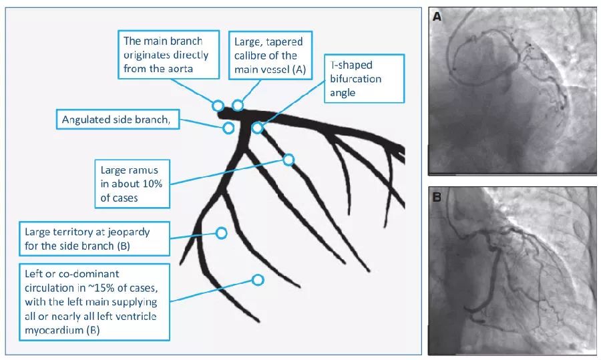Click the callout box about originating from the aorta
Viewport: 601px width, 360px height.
point(169,54)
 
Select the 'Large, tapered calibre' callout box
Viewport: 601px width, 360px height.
point(268,54)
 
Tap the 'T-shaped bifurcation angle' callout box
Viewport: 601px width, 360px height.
point(365,78)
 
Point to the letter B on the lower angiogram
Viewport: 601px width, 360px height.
point(437,198)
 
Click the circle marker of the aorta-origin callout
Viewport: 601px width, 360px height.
point(218,106)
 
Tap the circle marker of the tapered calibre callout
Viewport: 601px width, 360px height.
point(237,106)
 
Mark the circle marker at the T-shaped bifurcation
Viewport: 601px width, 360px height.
point(257,128)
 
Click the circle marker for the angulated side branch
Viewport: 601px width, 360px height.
point(228,127)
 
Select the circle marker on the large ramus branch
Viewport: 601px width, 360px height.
point(288,160)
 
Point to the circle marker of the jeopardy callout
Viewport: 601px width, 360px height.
point(221,232)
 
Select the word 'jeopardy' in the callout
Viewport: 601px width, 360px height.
point(129,232)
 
